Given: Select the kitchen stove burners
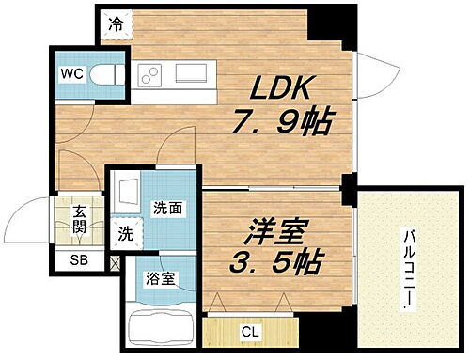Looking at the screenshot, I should [x=149, y=74].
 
